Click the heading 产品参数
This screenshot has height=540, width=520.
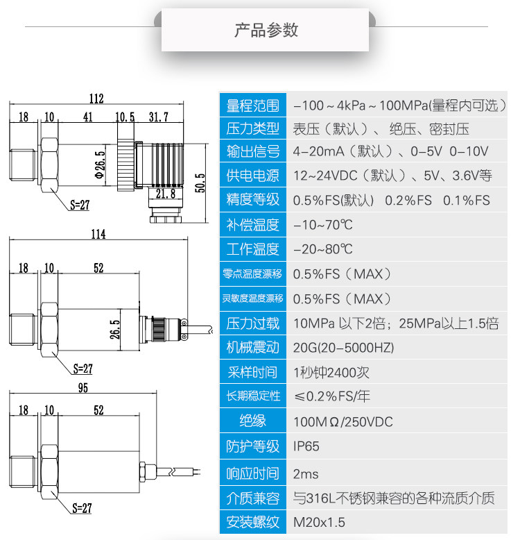click(x=266, y=31)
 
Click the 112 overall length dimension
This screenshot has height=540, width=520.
click(x=96, y=99)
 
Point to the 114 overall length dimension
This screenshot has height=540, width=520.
click(x=98, y=234)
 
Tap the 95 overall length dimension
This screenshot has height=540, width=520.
click(x=83, y=388)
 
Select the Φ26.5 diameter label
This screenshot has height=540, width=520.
click(x=100, y=164)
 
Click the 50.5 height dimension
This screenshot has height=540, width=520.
click(x=200, y=183)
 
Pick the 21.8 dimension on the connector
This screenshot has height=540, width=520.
click(x=166, y=194)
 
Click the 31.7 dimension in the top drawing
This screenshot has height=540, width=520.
click(x=159, y=117)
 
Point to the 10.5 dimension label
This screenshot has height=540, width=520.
click(x=125, y=117)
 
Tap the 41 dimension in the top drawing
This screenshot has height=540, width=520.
click(x=87, y=117)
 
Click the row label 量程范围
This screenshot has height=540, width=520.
click(x=252, y=106)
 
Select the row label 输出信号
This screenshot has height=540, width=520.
click(x=252, y=151)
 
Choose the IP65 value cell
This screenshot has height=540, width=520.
click(x=306, y=446)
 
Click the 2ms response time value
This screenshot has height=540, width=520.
click(x=306, y=474)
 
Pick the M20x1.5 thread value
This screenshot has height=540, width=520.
click(x=319, y=522)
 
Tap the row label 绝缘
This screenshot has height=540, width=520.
click(x=252, y=421)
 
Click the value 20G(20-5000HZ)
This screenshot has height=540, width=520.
click(x=343, y=348)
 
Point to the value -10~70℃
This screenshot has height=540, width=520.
click(x=322, y=225)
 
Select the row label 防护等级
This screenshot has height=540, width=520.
click(x=252, y=446)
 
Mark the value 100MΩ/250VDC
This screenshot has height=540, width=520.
click(x=343, y=422)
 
